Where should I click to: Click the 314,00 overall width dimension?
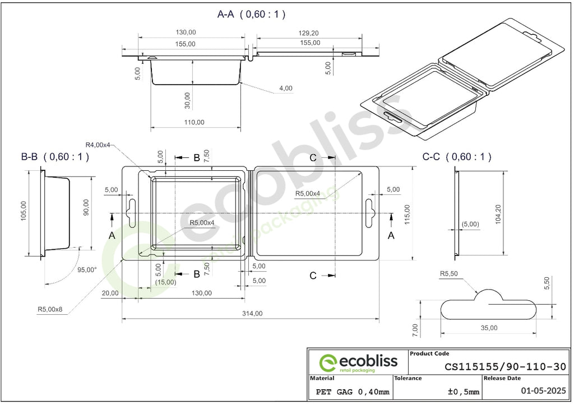click(252, 314)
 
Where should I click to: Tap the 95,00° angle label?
click(87, 269)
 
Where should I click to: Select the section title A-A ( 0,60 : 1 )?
click(251, 14)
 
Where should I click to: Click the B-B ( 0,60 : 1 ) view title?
click(55, 157)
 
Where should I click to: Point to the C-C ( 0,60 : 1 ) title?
click(457, 157)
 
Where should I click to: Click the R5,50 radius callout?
click(449, 274)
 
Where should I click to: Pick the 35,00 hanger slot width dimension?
click(489, 328)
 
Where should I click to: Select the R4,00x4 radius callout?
click(98, 145)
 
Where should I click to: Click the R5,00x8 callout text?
click(50, 310)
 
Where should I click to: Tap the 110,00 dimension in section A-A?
click(194, 122)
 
